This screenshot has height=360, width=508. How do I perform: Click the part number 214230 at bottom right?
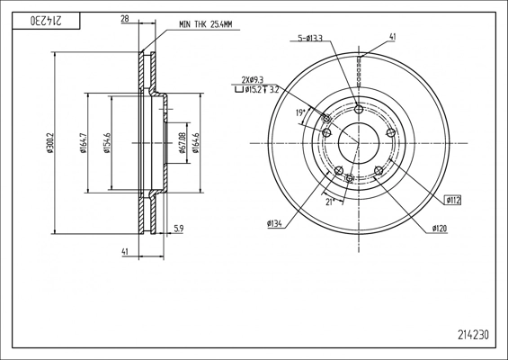[473, 335]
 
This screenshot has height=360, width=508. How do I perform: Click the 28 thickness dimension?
[124, 18]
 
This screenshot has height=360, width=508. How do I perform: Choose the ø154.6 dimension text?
[107, 142]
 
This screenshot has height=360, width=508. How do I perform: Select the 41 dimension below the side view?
[125, 253]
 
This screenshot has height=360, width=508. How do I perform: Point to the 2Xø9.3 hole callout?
[254, 79]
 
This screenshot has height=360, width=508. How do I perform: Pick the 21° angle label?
[330, 202]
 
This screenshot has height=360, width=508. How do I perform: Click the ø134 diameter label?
[275, 223]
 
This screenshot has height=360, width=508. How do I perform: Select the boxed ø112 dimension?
[451, 201]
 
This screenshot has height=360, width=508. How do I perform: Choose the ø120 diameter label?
[439, 229]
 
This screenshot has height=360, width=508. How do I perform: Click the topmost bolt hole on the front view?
[359, 110]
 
